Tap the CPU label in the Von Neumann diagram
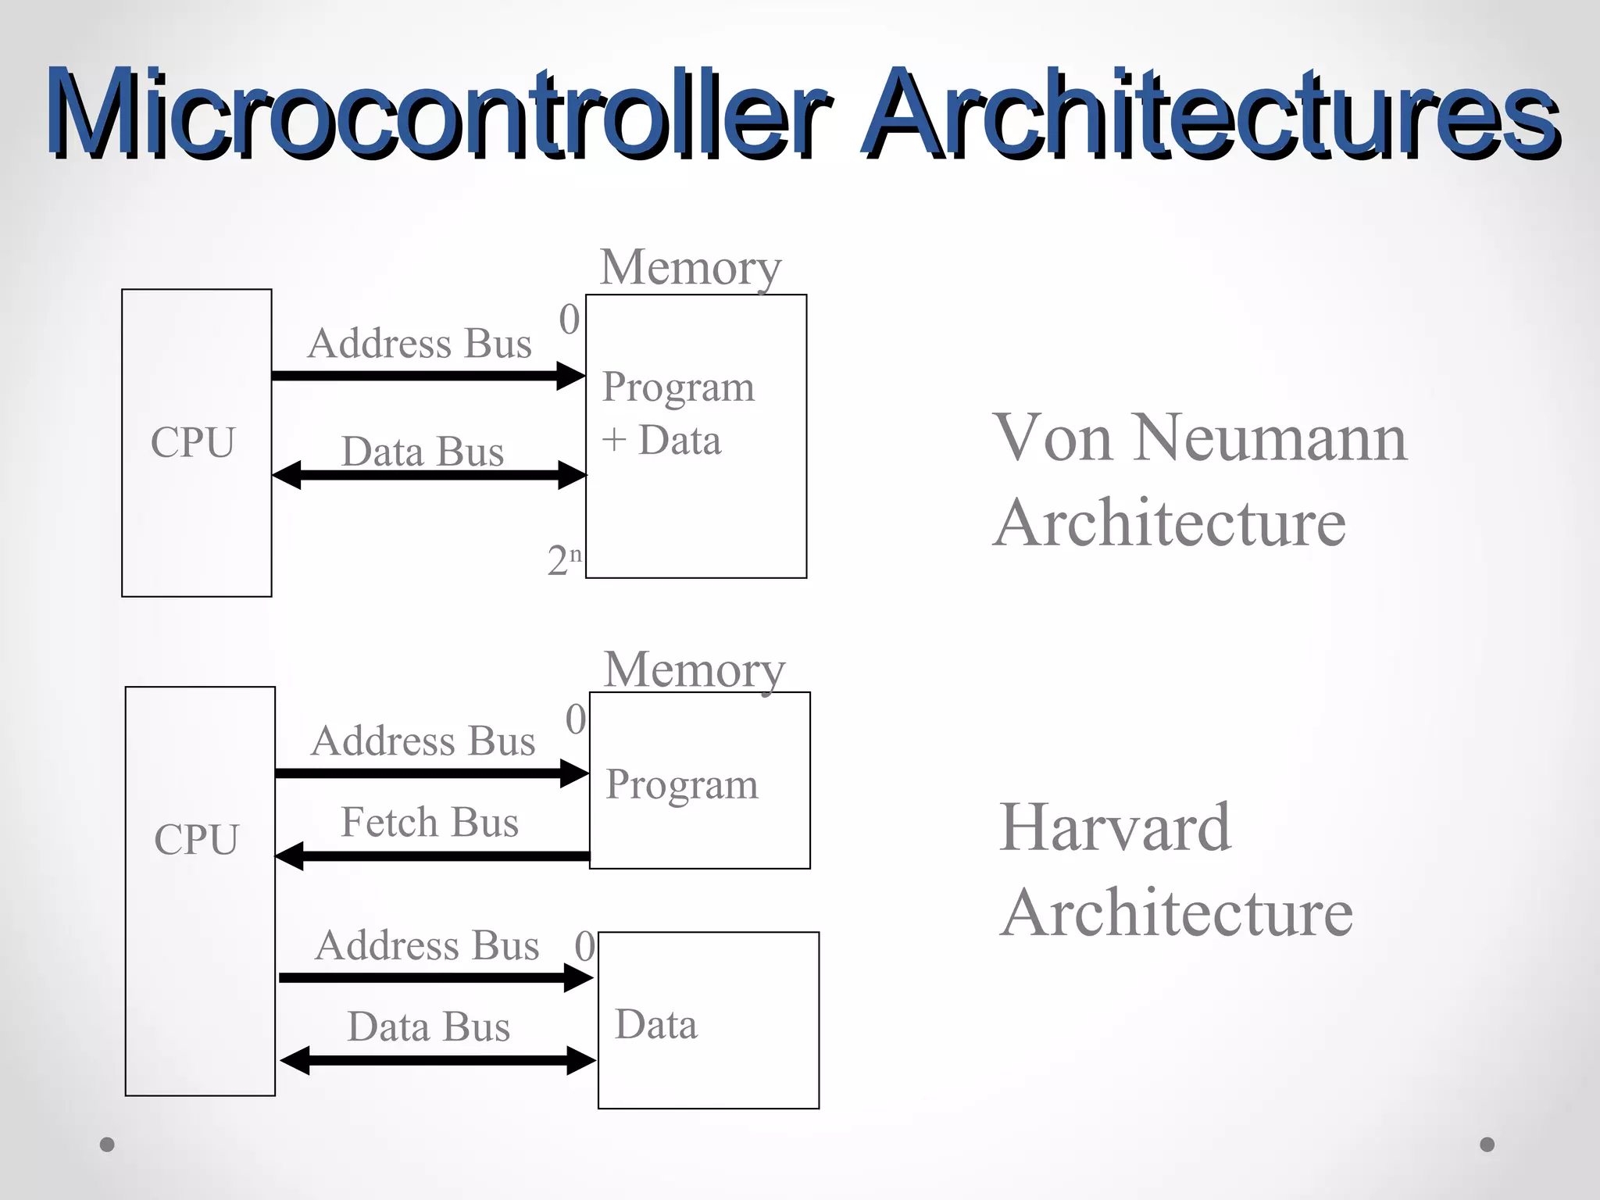click(193, 442)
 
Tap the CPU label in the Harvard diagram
click(196, 840)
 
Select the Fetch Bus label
click(430, 823)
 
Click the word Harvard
click(1115, 827)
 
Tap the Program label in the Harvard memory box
click(682, 784)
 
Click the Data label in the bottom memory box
click(656, 1024)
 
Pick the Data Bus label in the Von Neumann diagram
click(423, 452)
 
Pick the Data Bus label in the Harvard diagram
click(429, 1027)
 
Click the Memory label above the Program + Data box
click(691, 267)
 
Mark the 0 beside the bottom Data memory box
click(584, 947)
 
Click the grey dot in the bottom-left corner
click(108, 1145)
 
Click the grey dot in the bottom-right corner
click(1487, 1145)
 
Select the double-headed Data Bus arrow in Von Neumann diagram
click(430, 475)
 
